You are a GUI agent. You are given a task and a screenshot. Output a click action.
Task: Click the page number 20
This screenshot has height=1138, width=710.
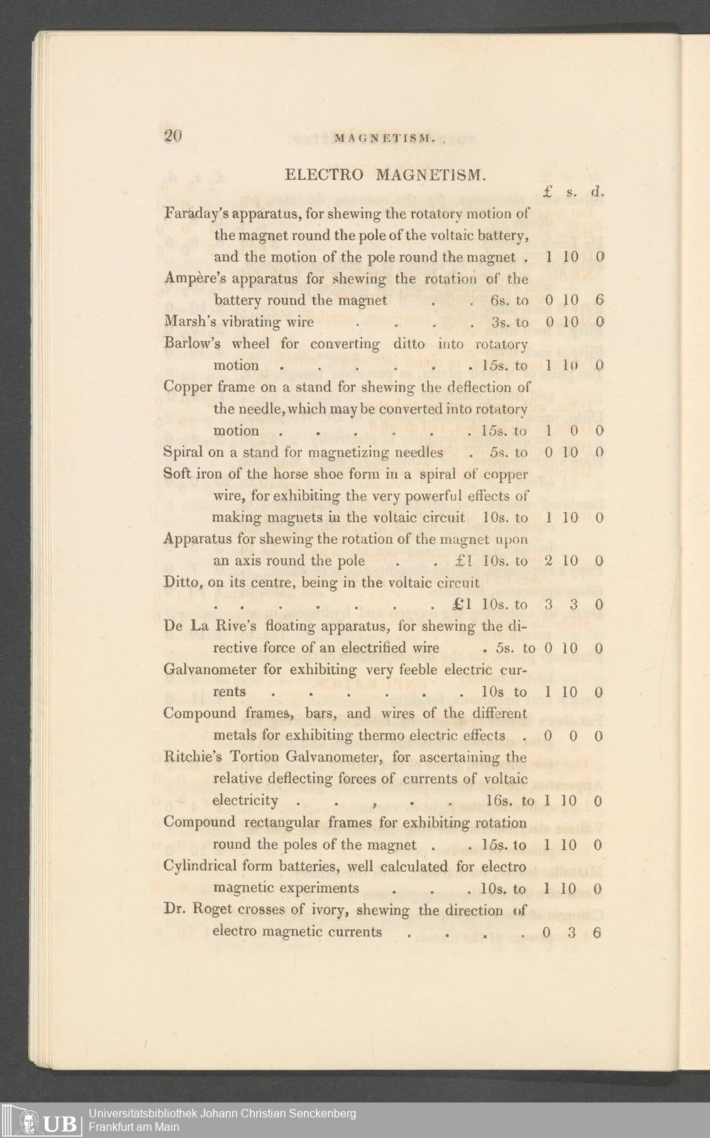pyautogui.click(x=173, y=136)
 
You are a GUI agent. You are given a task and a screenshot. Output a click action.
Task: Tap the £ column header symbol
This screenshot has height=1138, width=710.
pyautogui.click(x=548, y=191)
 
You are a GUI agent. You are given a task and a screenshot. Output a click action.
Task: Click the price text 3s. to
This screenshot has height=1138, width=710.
pyautogui.click(x=510, y=323)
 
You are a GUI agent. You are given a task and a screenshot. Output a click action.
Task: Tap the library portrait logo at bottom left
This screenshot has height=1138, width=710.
pyautogui.click(x=27, y=1122)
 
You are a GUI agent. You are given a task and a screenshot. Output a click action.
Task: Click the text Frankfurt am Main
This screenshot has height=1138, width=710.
pyautogui.click(x=133, y=1127)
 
